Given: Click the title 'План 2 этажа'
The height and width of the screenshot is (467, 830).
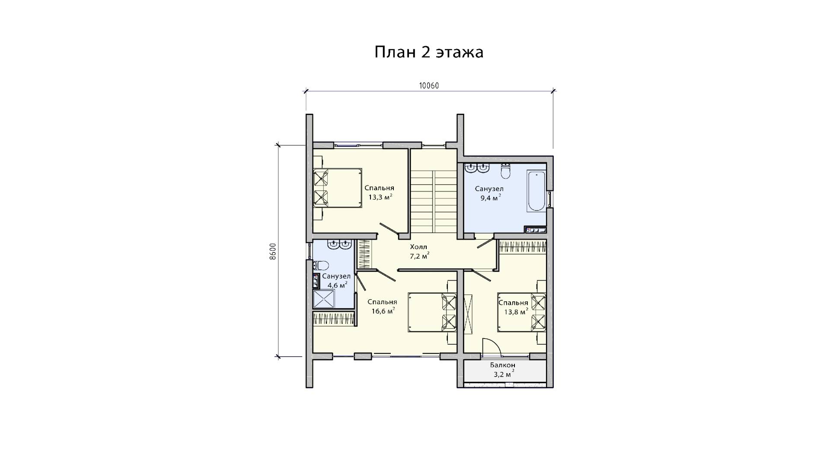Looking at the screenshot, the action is coord(428,52).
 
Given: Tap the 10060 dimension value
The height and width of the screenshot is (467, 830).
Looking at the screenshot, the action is coord(428,86).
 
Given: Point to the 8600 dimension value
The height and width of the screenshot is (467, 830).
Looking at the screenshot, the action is coord(272,251).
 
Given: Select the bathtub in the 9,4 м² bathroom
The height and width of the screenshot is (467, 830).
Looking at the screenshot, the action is coord(536,191).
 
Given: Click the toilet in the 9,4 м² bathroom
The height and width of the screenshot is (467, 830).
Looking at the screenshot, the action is coord(506,170).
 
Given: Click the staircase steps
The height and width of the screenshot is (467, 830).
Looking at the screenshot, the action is coord(434,202).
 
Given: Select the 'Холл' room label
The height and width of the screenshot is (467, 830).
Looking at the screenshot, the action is coord(418,247).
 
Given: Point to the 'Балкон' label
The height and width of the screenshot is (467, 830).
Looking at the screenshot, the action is coord(502,365).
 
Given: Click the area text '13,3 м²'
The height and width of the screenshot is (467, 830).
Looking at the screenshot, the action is coord(380,197).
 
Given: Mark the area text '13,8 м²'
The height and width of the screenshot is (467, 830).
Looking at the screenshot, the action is coord(516,311).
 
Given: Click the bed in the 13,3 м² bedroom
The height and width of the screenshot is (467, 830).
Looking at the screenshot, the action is coord(337,188).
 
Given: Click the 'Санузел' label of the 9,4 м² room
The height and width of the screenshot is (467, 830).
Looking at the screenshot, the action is coord(489,189).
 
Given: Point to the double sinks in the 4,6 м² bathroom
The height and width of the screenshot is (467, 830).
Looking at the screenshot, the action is coord(339,245).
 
